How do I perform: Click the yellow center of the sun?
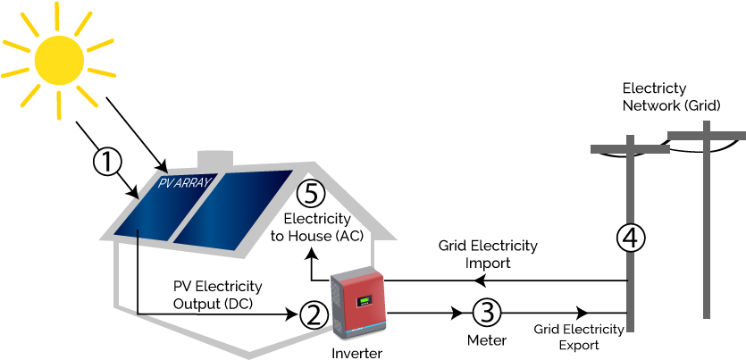[59, 61]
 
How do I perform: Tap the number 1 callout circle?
[107, 163]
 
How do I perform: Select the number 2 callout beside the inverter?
[314, 314]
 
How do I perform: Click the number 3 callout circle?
[486, 312]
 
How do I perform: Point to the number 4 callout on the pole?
[631, 238]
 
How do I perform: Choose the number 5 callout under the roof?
[310, 194]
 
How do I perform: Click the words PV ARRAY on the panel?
[184, 183]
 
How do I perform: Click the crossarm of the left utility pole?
[630, 149]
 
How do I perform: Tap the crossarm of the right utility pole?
[706, 135]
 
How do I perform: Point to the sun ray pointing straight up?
[57, 14]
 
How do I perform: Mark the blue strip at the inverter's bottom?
[366, 331]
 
